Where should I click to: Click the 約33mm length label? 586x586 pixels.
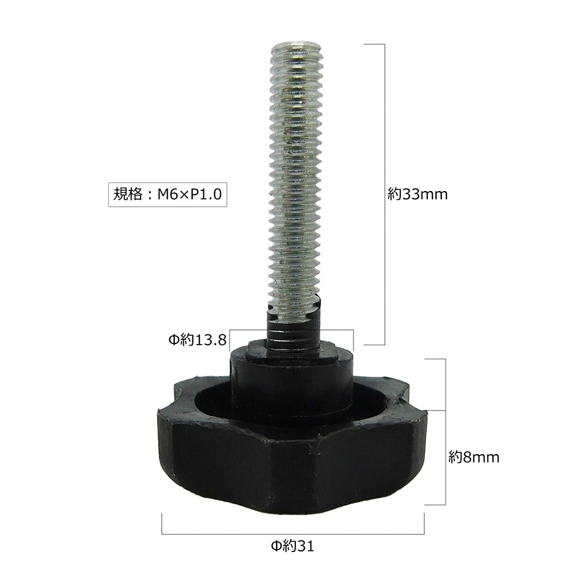click(x=417, y=195)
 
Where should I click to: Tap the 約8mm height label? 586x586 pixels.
click(x=473, y=458)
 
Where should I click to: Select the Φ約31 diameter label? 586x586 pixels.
click(x=292, y=546)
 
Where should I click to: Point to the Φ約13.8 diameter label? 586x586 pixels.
click(x=197, y=340)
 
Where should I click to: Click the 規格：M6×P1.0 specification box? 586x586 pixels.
click(x=168, y=195)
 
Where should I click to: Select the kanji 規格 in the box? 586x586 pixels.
click(x=128, y=195)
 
